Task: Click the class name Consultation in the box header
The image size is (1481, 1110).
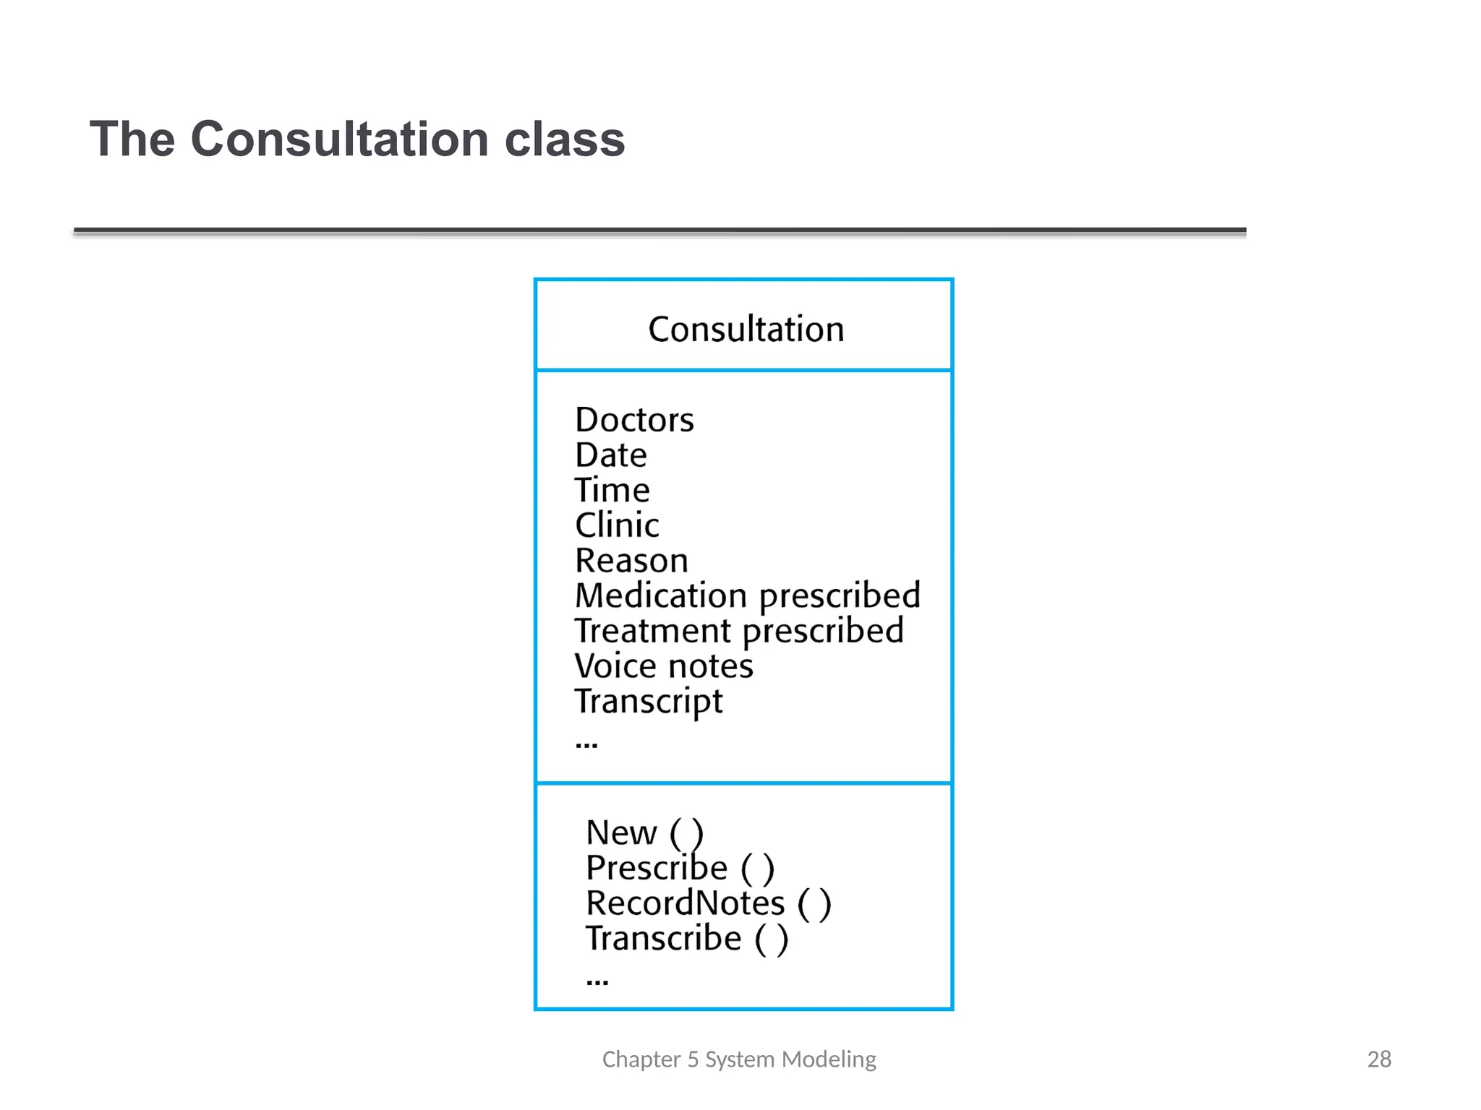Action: click(x=746, y=330)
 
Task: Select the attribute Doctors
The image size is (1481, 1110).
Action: click(x=634, y=420)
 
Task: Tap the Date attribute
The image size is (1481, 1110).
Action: click(x=610, y=455)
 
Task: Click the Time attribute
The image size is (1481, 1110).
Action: click(x=612, y=491)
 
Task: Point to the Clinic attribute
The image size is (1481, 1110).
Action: click(x=617, y=525)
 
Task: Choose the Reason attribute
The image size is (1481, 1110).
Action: click(x=631, y=561)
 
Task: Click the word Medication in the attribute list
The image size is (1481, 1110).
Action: click(x=660, y=596)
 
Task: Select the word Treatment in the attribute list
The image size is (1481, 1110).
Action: click(x=652, y=631)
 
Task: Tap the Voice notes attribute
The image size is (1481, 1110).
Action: click(x=663, y=666)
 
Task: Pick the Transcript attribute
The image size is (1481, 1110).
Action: click(x=648, y=702)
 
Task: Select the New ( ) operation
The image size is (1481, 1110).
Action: click(x=644, y=833)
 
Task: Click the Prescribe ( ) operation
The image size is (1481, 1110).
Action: click(x=680, y=868)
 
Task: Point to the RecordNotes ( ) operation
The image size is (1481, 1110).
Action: click(x=708, y=903)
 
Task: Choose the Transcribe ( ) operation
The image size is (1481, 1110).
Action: click(x=686, y=939)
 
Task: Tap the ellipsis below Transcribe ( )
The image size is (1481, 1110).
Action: click(x=597, y=981)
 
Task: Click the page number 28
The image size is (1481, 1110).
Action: click(x=1379, y=1059)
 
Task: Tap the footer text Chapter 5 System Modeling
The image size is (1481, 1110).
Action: click(x=739, y=1059)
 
